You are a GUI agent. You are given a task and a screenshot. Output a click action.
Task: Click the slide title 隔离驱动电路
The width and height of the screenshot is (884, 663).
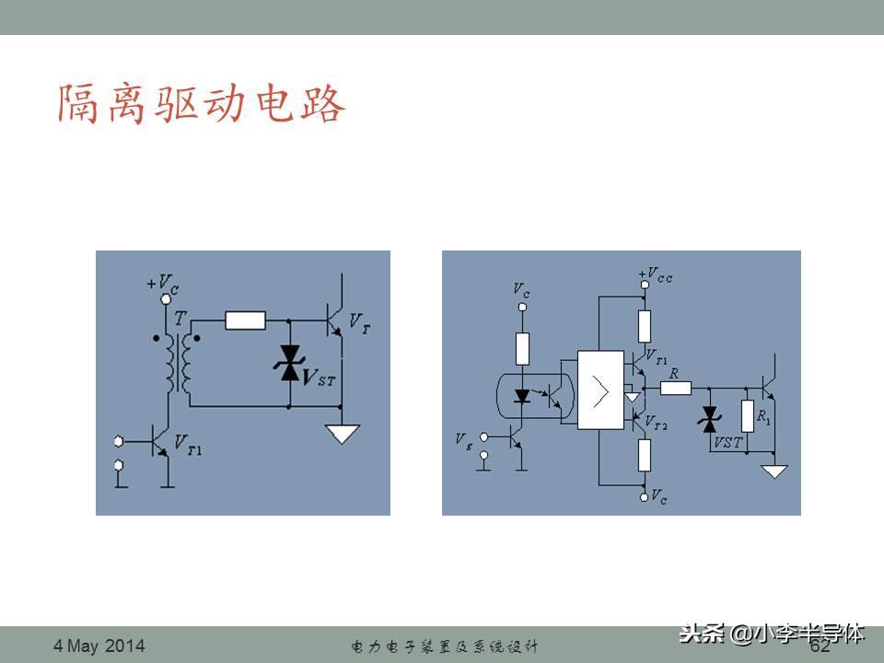pos(201,105)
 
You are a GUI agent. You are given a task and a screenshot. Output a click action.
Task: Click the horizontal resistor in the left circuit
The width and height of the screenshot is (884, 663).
pos(245,320)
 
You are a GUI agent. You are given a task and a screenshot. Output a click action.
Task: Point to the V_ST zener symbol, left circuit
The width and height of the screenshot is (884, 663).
pos(290,363)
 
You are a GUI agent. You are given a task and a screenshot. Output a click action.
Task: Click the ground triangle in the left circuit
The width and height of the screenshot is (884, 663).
pos(342,431)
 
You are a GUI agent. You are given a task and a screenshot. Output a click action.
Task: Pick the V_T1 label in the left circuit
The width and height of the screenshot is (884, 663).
pos(188,448)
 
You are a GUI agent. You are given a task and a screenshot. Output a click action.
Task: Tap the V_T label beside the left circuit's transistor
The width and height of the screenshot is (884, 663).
pos(360,321)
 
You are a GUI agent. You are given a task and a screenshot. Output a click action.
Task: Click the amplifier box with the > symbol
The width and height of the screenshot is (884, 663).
pos(600,390)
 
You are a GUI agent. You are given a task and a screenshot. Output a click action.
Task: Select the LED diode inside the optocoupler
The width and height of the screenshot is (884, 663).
pos(522,395)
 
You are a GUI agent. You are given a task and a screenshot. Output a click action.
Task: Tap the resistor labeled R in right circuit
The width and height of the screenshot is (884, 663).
pos(676,388)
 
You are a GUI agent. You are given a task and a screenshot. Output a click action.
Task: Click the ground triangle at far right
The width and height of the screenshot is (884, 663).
pos(774,471)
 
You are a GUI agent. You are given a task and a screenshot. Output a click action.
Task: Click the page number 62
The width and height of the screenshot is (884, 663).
pos(820,646)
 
